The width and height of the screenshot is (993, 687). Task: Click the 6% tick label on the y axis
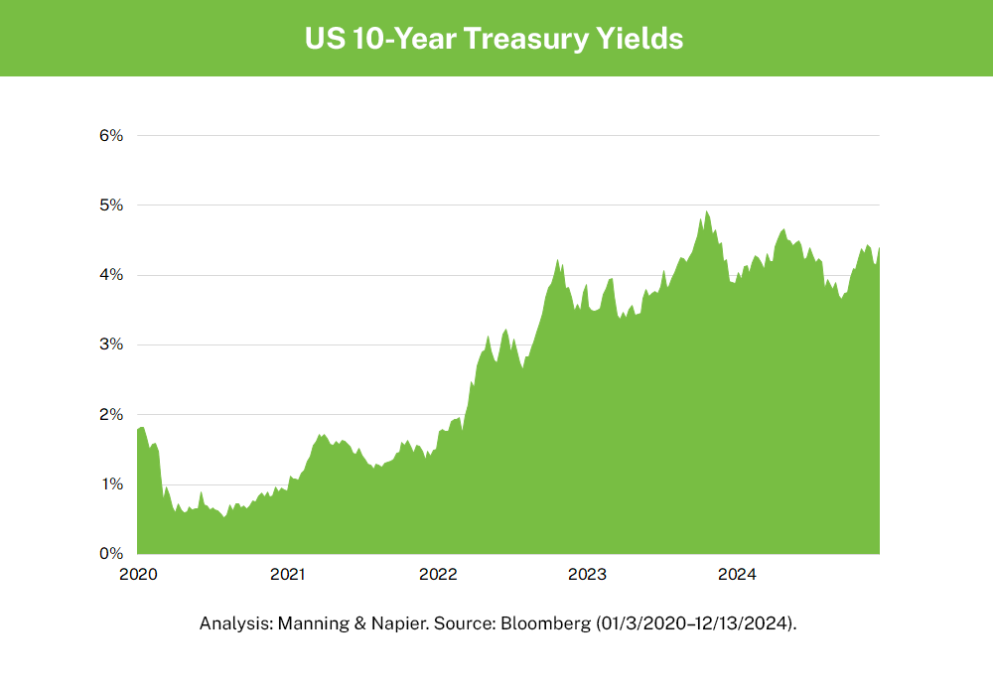tap(110, 135)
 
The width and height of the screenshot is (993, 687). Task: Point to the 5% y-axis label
tap(110, 205)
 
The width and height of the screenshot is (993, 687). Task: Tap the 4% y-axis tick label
tap(110, 274)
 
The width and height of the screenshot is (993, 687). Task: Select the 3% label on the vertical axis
tap(110, 344)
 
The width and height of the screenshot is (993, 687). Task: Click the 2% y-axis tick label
tap(110, 414)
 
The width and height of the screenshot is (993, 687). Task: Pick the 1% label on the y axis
tap(110, 484)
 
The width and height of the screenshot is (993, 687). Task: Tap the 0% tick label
tap(110, 554)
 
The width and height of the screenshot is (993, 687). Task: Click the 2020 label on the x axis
tap(137, 574)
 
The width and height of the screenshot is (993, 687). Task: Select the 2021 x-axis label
tap(287, 574)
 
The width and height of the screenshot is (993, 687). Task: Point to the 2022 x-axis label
tap(437, 574)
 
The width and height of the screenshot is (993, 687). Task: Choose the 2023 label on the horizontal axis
tap(587, 574)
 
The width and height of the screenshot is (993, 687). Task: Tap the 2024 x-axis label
tap(738, 574)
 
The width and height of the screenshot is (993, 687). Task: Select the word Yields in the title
tap(646, 39)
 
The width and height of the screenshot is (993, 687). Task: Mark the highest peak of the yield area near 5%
tap(706, 211)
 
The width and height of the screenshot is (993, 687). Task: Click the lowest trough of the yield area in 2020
tap(224, 516)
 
